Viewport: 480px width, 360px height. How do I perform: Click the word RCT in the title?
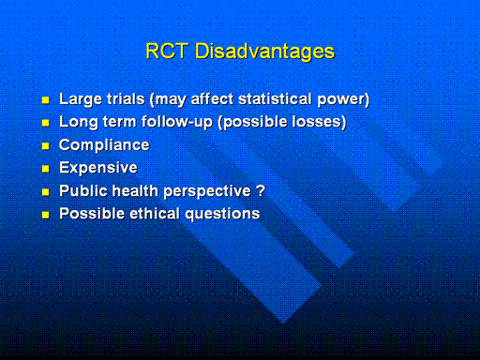point(167,51)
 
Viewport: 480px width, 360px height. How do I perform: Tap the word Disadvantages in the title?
point(264,52)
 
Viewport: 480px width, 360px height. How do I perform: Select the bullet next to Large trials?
point(46,100)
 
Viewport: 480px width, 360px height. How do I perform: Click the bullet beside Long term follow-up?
point(46,123)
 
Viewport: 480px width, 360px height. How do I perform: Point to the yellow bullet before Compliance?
point(46,146)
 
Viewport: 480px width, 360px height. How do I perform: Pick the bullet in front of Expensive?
point(46,169)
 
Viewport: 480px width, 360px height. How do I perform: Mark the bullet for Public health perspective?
point(46,192)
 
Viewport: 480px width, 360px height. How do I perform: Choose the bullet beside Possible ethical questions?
point(46,215)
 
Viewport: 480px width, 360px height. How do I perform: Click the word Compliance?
point(104,145)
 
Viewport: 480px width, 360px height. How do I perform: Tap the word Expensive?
point(98,168)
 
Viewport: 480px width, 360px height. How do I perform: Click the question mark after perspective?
point(261,190)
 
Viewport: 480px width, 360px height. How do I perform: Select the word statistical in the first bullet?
point(275,99)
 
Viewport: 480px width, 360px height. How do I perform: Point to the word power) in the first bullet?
point(343,100)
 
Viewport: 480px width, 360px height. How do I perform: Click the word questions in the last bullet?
point(222,215)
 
